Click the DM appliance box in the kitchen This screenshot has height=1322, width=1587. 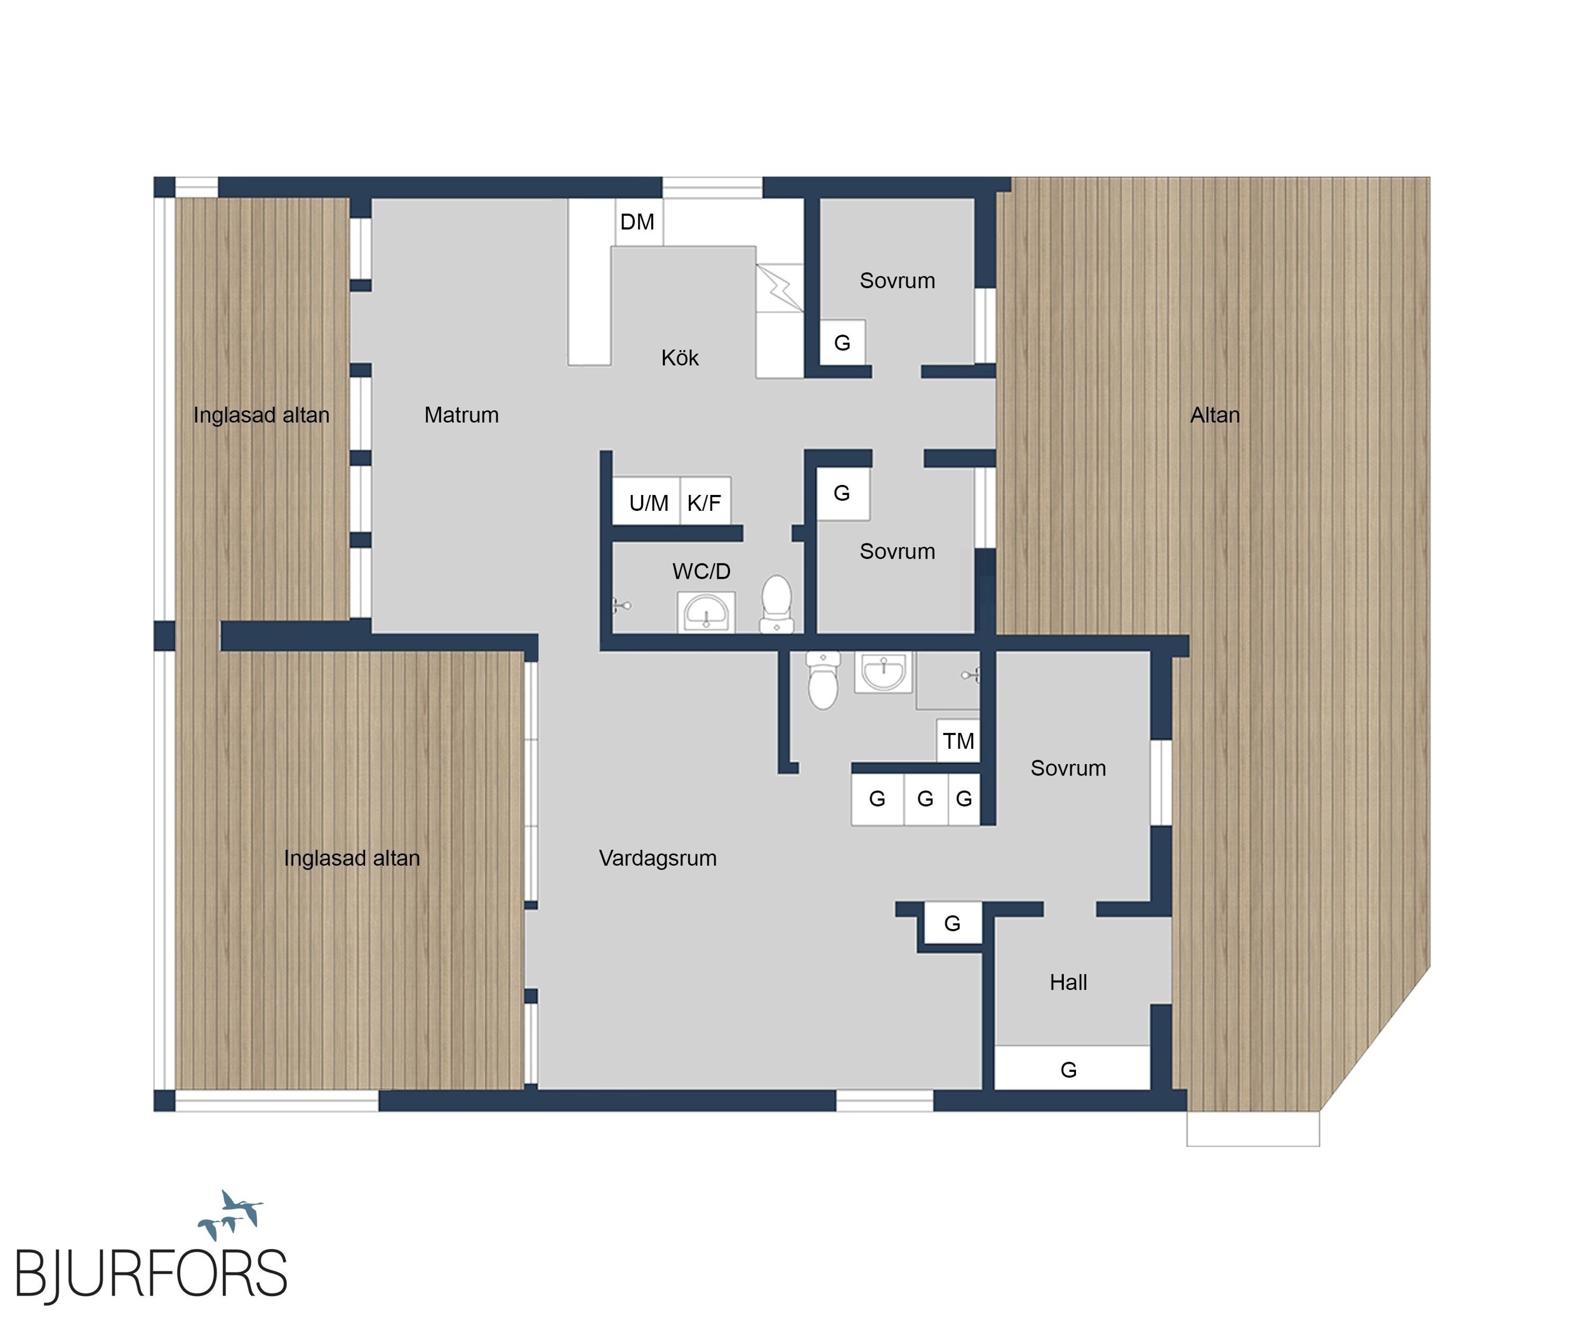(639, 222)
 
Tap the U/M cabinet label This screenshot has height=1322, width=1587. (648, 503)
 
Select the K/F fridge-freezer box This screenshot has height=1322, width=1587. (705, 500)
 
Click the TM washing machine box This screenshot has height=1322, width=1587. (959, 740)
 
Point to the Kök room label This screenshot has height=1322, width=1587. (679, 357)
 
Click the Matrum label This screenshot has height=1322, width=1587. (461, 414)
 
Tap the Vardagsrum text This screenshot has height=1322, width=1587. (658, 858)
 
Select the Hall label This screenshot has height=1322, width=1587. (1068, 982)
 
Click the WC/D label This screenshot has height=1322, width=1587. (701, 571)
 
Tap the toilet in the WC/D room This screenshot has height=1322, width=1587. (776, 604)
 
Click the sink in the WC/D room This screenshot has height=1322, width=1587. (706, 611)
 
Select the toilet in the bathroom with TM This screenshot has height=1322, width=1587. (823, 680)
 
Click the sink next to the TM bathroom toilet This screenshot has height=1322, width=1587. (884, 672)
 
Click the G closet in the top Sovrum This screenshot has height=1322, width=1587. (842, 342)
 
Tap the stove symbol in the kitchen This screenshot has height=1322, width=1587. (779, 287)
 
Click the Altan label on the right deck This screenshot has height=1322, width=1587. (1214, 414)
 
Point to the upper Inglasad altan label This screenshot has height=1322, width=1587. (262, 414)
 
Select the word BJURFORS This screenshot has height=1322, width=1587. (151, 1274)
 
